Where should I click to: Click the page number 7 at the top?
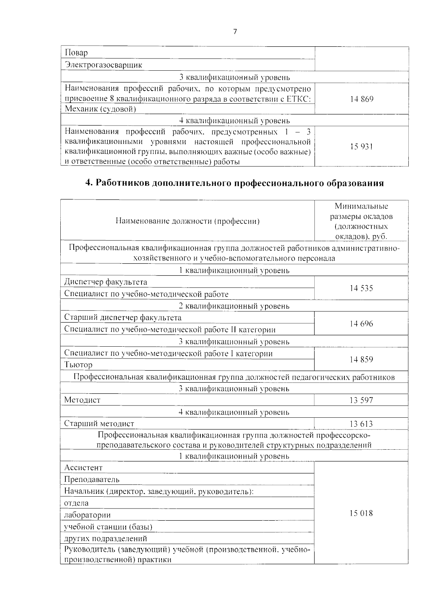tap(235, 32)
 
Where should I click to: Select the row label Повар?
tap(76, 53)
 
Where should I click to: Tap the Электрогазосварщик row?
tap(103, 65)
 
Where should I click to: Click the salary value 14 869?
tap(362, 99)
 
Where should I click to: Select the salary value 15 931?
tap(362, 146)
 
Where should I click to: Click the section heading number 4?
tap(89, 183)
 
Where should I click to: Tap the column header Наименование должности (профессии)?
tap(187, 221)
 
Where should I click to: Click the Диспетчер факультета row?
tap(106, 282)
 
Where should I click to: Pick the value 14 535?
tap(361, 288)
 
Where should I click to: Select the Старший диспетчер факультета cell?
tap(123, 318)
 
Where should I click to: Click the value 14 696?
tap(361, 324)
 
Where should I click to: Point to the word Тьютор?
tap(78, 365)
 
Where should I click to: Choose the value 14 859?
tap(361, 359)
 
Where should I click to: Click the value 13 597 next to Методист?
tap(361, 400)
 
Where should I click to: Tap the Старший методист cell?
tap(99, 424)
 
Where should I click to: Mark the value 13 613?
tap(361, 424)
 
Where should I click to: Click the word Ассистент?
tap(83, 468)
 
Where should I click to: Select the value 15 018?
tap(361, 513)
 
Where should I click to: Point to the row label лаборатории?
tap(87, 515)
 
